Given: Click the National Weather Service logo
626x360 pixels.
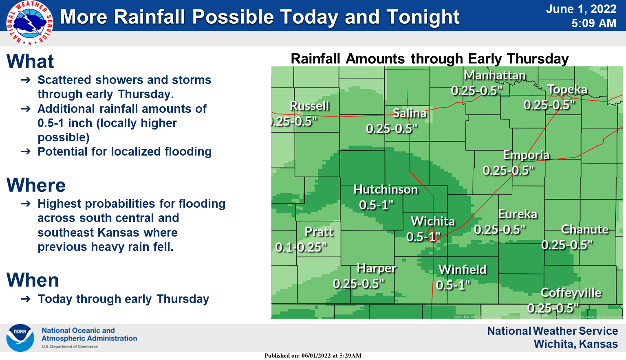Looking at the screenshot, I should point(29,23).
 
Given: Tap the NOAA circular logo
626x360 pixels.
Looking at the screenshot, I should point(20,338).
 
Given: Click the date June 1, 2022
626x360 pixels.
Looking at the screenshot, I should point(581,9).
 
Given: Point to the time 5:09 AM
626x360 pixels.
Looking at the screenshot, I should point(593,24).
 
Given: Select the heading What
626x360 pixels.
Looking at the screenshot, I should point(30,61).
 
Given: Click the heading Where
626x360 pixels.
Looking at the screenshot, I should point(36,185).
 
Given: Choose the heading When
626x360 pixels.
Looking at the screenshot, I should point(33,280).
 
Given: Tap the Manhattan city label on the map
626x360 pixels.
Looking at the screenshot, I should point(495,75).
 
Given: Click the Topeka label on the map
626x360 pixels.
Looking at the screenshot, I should point(567,90).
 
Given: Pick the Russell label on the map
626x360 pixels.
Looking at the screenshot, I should point(309,106).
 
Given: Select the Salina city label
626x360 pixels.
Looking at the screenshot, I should point(410,113).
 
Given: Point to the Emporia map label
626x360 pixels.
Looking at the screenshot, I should point(526,155).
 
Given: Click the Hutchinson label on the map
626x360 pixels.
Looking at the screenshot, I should point(386,190).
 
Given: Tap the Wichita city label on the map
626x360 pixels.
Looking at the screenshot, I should point(433,221).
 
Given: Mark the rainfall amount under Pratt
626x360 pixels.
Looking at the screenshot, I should point(301,247).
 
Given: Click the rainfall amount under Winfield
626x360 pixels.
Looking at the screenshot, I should point(453,285).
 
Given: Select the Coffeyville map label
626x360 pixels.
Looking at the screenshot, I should point(571,293).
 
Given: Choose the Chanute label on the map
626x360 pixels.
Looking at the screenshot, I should point(584,230).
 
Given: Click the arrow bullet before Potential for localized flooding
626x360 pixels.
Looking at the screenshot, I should point(26,152).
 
